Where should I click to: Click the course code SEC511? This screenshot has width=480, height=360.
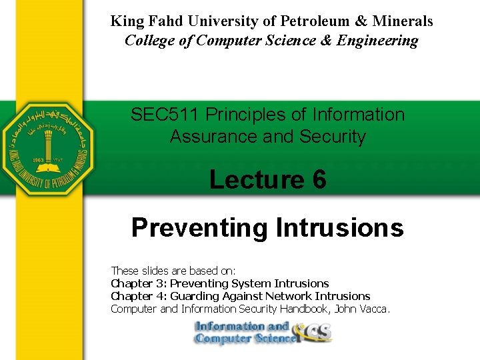[165, 115]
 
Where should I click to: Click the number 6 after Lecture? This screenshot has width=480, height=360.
[319, 179]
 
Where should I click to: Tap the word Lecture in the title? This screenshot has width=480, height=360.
[257, 179]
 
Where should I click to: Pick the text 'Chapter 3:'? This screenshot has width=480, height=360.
[135, 283]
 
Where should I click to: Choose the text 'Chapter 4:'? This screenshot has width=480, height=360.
[135, 296]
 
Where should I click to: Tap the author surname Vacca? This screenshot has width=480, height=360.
[375, 309]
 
